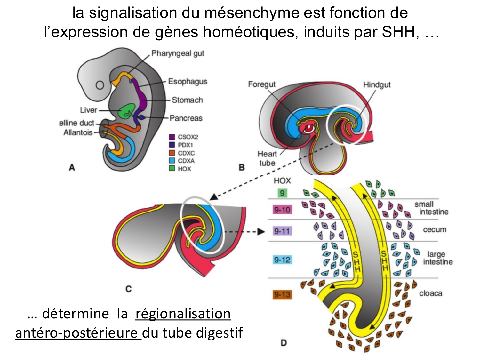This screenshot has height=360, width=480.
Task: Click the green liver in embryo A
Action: tap(127, 111)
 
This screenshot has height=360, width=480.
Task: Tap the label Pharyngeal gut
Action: tap(178, 53)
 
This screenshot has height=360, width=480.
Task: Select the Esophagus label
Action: tap(188, 81)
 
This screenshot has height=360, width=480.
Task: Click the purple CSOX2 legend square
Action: tap(172, 137)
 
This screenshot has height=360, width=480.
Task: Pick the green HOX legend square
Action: tap(172, 168)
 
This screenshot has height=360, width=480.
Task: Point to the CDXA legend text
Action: tap(186, 161)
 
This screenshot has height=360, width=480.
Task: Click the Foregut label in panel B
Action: tap(261, 84)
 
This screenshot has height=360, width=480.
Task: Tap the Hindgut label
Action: tap(377, 85)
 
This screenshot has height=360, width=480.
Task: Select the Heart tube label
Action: tap(267, 158)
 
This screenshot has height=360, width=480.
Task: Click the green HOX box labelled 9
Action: tap(282, 193)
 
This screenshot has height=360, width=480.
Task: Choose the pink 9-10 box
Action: tap(282, 210)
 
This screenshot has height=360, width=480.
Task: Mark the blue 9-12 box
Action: tap(282, 260)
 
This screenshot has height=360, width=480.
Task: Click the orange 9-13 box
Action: tap(282, 294)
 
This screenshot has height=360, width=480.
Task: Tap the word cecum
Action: tap(434, 230)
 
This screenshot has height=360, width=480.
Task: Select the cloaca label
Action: tap(430, 293)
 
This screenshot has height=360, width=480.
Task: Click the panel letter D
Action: tap(284, 343)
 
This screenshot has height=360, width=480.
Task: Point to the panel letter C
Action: tap(128, 289)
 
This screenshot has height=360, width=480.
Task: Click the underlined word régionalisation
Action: tap(183, 314)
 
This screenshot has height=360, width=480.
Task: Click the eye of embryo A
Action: tap(100, 85)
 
